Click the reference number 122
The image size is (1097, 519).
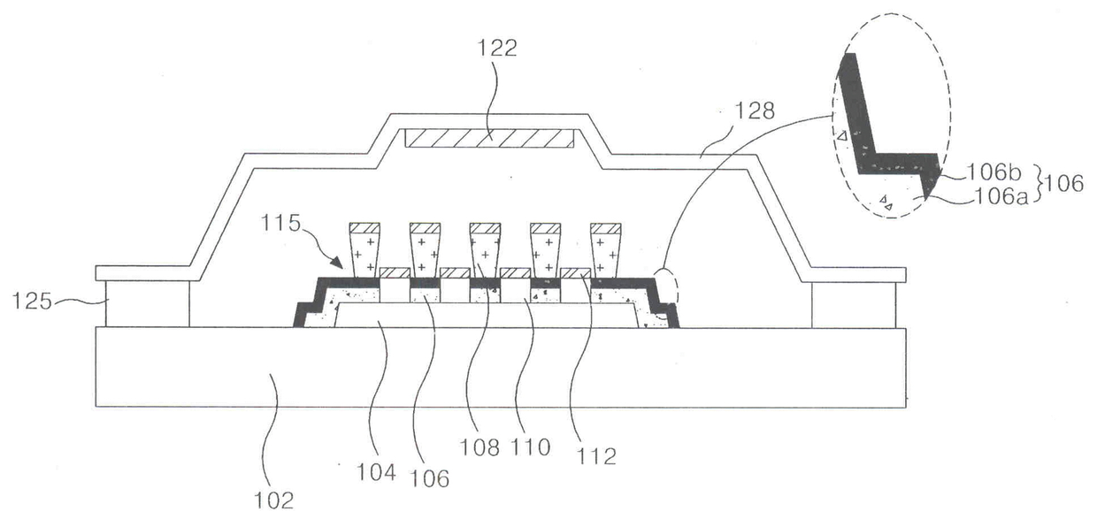coord(497,49)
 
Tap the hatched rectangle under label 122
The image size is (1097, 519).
coord(488,139)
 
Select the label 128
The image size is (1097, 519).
coord(755,111)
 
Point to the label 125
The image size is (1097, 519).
coord(32,301)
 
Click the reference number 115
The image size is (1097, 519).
coord(280,224)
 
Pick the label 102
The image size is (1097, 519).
coord(274,500)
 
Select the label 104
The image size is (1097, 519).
coord(376,472)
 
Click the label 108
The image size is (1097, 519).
coord(479,447)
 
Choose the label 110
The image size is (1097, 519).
coord(531,447)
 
